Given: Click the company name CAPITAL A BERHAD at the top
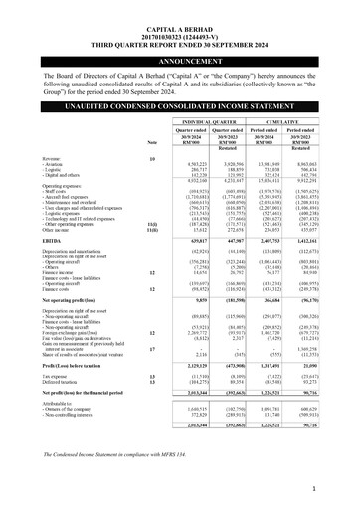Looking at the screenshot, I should coord(179,9).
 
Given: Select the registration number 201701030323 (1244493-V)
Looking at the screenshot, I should coord(179,17).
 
